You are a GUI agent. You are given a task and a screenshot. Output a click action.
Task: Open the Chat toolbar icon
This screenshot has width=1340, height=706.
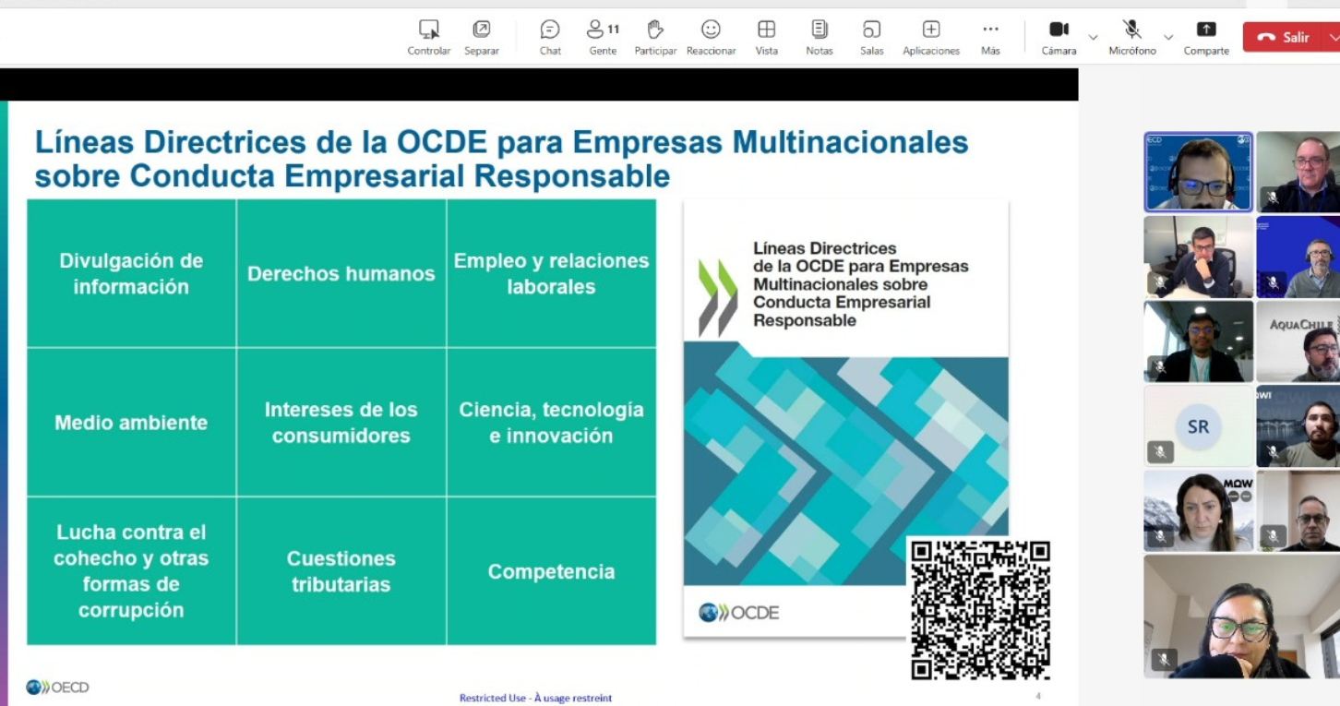[550, 30]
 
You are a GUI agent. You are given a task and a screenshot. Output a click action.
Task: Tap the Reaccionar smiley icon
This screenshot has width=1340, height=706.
[711, 30]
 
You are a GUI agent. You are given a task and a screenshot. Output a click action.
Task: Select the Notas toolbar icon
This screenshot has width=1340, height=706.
[819, 30]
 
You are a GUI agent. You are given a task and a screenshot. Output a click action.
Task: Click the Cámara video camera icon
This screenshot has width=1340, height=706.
[1059, 30]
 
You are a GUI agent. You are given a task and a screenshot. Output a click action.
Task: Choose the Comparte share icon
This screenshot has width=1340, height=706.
[1206, 30]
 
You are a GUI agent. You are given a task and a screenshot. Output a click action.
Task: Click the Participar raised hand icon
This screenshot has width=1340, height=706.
[655, 30]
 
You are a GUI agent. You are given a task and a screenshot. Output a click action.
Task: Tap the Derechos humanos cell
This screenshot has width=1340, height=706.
[341, 273]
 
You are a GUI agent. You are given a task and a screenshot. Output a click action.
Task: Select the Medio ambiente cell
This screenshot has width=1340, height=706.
[131, 423]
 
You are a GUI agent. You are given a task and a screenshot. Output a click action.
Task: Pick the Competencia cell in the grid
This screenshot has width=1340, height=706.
[551, 571]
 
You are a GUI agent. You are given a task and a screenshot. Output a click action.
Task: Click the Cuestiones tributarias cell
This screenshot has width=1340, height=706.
[341, 571]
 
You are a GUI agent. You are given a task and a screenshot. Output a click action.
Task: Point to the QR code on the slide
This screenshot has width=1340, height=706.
[980, 610]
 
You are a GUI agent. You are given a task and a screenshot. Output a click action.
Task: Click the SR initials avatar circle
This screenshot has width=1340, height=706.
[1198, 426]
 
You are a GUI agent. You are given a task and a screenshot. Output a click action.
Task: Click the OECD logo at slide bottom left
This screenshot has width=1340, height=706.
[57, 688]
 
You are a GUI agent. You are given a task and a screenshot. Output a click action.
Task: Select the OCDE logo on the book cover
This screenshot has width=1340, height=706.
[739, 613]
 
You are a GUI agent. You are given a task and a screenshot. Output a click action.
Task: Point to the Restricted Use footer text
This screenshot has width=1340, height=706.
[535, 698]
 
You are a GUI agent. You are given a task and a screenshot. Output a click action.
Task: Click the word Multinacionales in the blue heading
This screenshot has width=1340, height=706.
[850, 142]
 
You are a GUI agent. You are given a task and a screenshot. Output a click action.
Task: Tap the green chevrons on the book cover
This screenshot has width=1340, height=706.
[718, 297]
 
